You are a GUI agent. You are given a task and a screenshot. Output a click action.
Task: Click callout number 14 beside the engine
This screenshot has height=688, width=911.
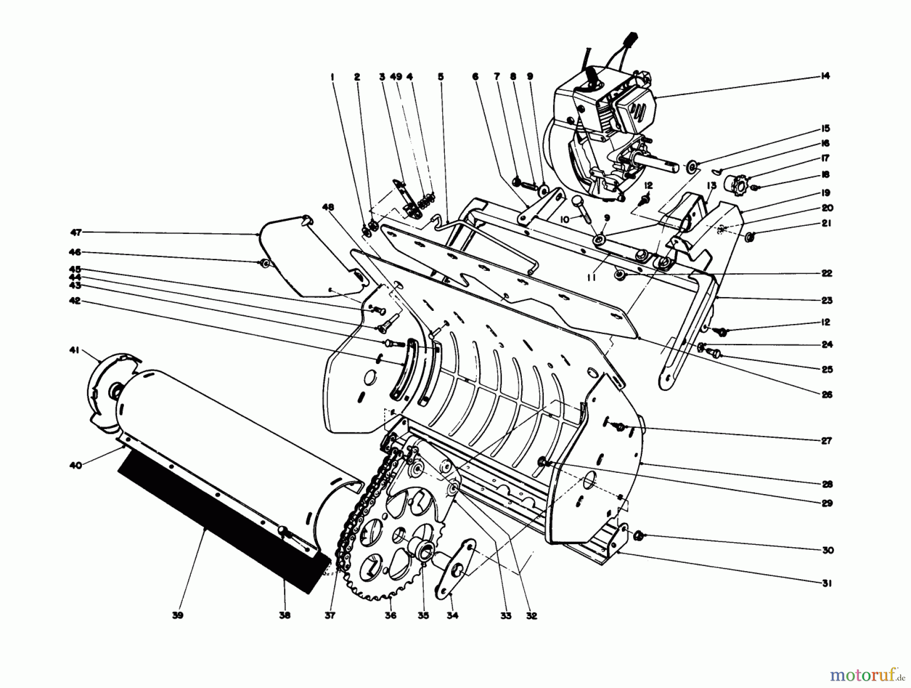pos(825,76)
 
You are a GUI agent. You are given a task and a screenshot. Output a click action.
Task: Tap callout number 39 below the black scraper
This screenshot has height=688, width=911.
pos(177,616)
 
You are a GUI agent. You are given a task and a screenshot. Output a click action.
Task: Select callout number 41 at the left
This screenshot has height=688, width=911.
pos(75,350)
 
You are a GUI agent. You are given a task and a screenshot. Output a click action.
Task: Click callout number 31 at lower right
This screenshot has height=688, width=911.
pos(825,584)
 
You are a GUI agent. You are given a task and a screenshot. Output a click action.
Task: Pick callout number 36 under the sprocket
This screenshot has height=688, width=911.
pos(391,616)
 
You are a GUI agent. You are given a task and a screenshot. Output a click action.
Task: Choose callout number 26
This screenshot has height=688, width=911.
pos(827,395)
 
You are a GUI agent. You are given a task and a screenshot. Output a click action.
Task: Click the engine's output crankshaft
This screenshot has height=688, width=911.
pos(658,163)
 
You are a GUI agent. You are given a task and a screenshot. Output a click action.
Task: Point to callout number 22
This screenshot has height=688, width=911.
pos(826,273)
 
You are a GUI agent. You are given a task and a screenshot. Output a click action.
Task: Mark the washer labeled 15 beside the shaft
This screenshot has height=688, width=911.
pos(691,166)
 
